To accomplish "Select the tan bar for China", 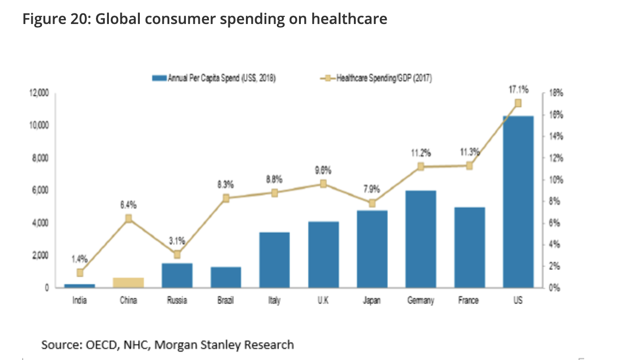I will (x=128, y=282).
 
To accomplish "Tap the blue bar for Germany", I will (x=420, y=239).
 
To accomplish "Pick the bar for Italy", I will (x=275, y=260).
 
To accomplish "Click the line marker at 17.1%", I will (x=518, y=103).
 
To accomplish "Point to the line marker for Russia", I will (x=177, y=254).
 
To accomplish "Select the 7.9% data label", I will (x=371, y=189).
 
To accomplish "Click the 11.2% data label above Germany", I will (x=420, y=153).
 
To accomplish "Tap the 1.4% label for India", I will (x=79, y=259).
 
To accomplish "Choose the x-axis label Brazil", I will (x=226, y=300).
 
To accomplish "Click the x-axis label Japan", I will (x=372, y=300).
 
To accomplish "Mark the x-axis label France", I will (x=469, y=300).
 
